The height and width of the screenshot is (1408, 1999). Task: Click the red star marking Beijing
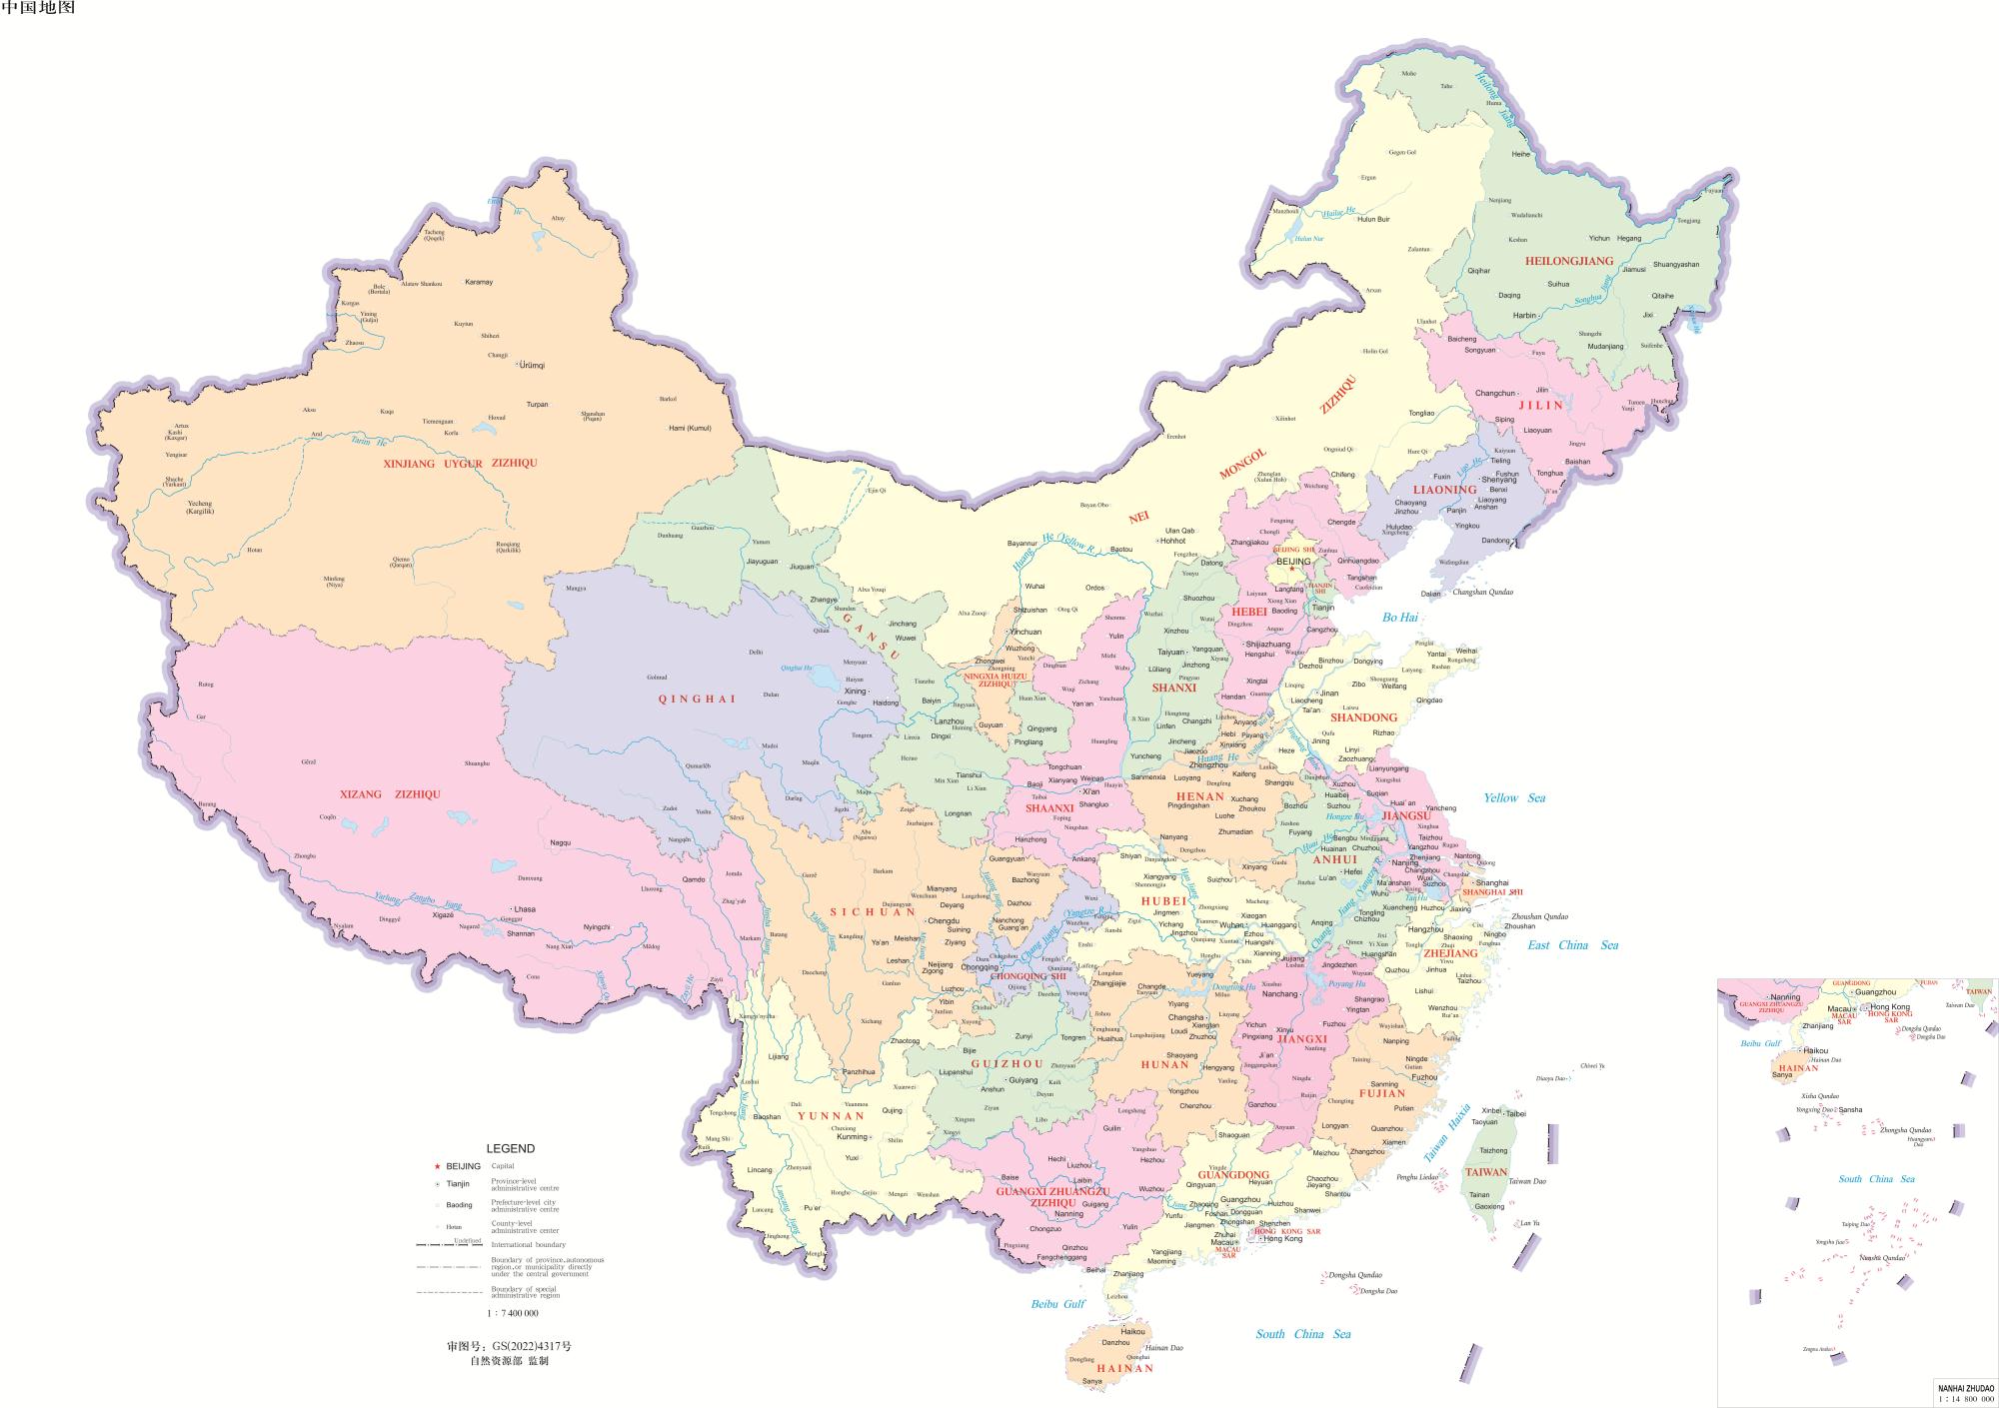1291,570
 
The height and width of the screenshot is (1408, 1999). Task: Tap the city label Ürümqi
533,366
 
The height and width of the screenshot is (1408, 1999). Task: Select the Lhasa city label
525,909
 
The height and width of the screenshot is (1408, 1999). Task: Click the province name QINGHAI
697,700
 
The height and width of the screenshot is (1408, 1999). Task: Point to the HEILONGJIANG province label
1569,261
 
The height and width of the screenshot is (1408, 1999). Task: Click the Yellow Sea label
1513,797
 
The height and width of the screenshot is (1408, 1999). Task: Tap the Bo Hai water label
1400,618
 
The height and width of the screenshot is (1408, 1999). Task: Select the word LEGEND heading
510,1148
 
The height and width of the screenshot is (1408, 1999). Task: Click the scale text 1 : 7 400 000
513,1313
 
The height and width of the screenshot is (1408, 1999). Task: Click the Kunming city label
852,1137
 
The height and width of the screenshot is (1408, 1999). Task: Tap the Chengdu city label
944,921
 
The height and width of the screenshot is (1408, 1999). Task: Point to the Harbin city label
1524,316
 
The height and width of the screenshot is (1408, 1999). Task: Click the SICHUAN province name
873,912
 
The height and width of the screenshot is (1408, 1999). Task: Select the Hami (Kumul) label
690,428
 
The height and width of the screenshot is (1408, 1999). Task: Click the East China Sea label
1572,945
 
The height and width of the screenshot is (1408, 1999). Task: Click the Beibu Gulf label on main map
1057,1304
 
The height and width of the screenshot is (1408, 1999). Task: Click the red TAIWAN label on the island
1485,1172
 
